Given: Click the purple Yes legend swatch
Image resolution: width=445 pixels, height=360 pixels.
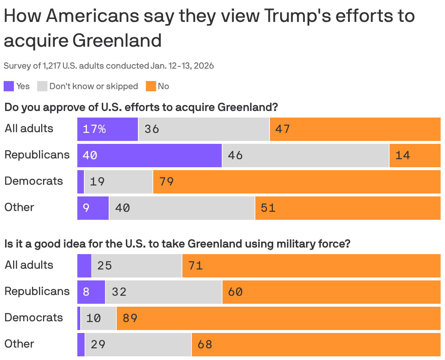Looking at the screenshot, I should (9, 86).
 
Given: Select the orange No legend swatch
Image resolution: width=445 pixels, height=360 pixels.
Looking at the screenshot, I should (151, 86).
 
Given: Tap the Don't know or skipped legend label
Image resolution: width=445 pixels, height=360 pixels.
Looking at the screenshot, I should (93, 86).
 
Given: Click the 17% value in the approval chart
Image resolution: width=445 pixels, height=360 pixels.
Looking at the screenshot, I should (94, 129).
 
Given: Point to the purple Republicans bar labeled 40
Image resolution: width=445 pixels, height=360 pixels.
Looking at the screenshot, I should (150, 155).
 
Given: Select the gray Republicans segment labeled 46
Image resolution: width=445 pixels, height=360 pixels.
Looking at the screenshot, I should (305, 155).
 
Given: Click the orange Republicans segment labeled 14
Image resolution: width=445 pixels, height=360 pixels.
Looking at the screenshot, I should (415, 155).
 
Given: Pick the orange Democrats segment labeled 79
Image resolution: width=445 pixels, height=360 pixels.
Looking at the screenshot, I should (297, 181).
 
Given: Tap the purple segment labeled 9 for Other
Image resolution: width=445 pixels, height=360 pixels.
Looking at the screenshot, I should (93, 208).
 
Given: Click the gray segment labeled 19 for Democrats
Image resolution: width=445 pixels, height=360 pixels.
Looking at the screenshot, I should (118, 181).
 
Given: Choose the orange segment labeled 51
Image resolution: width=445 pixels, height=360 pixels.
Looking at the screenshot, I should (348, 208).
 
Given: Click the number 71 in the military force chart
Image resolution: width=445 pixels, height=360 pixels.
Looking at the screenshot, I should (196, 265).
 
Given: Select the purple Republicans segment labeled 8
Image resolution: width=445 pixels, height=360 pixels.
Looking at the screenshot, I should (91, 292).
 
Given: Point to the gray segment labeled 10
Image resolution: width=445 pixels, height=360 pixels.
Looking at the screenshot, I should (98, 318).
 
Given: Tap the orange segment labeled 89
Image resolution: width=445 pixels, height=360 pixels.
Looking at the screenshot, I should (278, 318).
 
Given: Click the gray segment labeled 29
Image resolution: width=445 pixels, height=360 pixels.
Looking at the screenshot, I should (138, 344).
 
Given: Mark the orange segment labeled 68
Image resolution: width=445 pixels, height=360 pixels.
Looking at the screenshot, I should (316, 344).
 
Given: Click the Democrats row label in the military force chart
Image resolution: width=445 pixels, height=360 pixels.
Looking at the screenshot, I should (34, 318).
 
